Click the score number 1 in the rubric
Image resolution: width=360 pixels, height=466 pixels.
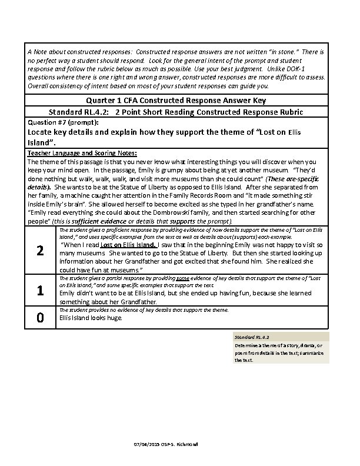pos(40,290)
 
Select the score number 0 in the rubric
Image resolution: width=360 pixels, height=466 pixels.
pos(40,318)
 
